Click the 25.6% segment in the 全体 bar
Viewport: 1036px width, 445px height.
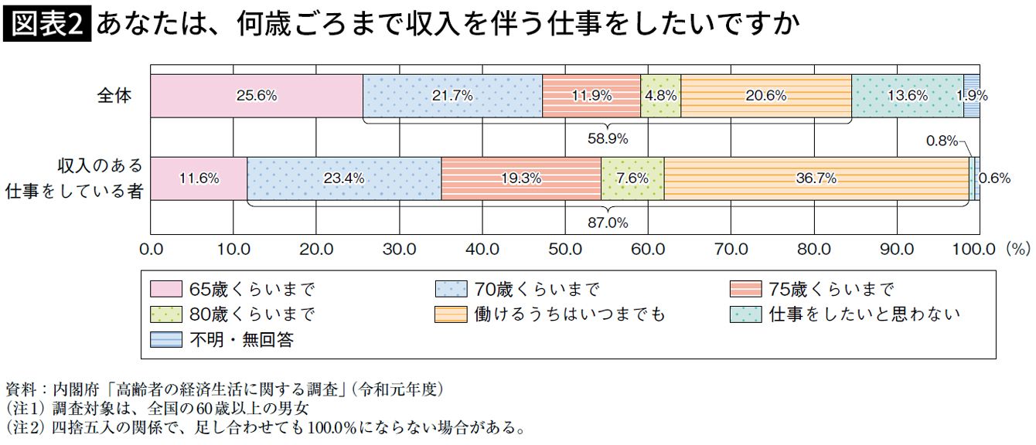click(x=257, y=96)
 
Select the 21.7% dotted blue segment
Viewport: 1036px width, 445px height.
click(x=452, y=96)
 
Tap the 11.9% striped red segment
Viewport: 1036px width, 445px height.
click(x=591, y=96)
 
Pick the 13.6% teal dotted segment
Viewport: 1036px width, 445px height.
click(x=907, y=96)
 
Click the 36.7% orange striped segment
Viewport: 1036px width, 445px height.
click(x=816, y=178)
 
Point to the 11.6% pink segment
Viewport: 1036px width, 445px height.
click(x=199, y=178)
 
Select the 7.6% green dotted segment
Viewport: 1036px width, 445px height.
click(x=632, y=178)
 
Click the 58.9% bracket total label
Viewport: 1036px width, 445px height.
click(x=608, y=138)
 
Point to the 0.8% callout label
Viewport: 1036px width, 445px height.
click(x=942, y=141)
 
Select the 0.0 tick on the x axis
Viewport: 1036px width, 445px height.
click(x=151, y=249)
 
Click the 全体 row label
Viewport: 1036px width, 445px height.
click(x=114, y=96)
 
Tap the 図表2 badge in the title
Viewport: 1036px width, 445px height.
click(x=48, y=25)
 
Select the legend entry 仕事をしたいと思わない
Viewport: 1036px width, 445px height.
click(x=864, y=314)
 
